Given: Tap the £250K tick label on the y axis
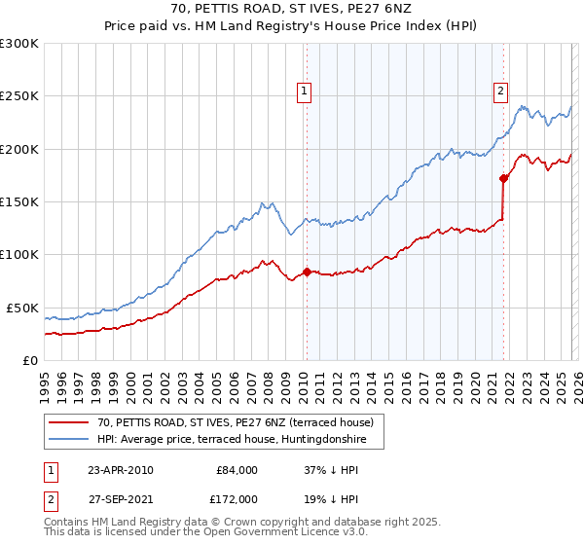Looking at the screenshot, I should pos(19,96).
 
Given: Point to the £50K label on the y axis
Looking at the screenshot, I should pos(23,308).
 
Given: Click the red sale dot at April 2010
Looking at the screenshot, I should pos(307,272).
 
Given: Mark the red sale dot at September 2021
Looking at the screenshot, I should pos(503,178).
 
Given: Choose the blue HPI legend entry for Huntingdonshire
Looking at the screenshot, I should pos(239,439).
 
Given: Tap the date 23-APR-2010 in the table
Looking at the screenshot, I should pos(121,470).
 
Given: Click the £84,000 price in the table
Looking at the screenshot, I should pos(237,470).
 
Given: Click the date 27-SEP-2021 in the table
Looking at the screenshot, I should pos(121,497).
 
